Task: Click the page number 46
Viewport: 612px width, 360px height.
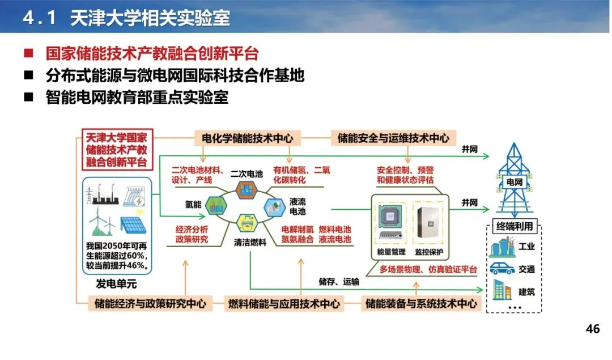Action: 592,329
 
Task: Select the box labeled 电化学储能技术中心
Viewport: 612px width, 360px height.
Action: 247,138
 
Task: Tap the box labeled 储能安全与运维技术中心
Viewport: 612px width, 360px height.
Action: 393,138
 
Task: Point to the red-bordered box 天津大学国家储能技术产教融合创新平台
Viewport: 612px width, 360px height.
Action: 117,150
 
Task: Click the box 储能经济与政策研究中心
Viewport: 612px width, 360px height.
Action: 150,303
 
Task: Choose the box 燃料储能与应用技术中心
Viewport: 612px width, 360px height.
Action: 284,303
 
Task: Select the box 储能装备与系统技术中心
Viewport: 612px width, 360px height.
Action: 421,303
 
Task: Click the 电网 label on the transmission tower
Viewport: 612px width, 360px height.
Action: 513,183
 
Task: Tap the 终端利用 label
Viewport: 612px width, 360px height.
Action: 515,227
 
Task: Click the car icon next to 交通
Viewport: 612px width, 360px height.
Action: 502,269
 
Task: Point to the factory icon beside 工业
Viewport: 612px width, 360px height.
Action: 502,248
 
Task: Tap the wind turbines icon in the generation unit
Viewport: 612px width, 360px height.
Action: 100,223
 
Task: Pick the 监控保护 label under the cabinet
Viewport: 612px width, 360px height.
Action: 429,252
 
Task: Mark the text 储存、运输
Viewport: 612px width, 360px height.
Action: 338,281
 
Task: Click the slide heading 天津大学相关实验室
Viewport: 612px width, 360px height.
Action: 150,18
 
